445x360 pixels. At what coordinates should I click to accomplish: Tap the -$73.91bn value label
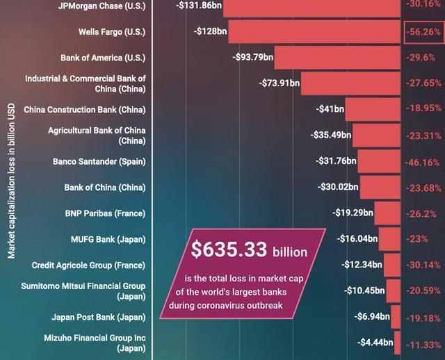click(x=279, y=83)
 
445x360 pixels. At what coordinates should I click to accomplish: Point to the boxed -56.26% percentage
click(x=422, y=32)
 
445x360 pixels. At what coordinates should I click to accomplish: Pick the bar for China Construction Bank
click(x=373, y=109)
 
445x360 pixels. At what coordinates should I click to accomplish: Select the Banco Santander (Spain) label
click(x=99, y=162)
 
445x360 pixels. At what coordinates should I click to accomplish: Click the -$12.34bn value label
click(x=362, y=265)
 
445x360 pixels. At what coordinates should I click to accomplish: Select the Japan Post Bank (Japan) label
click(x=98, y=318)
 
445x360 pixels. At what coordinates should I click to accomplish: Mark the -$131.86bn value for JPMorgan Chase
click(x=200, y=5)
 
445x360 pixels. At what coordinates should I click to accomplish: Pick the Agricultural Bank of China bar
click(x=375, y=136)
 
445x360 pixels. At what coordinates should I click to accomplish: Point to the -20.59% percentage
click(x=422, y=291)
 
